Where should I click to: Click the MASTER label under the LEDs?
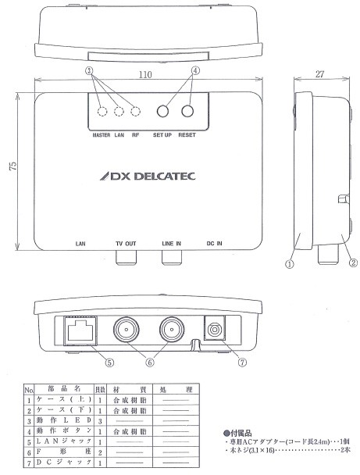(102, 134)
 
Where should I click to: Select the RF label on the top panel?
(136, 134)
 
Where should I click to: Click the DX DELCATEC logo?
(141, 177)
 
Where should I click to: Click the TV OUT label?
(125, 244)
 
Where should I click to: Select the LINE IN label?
(172, 244)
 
